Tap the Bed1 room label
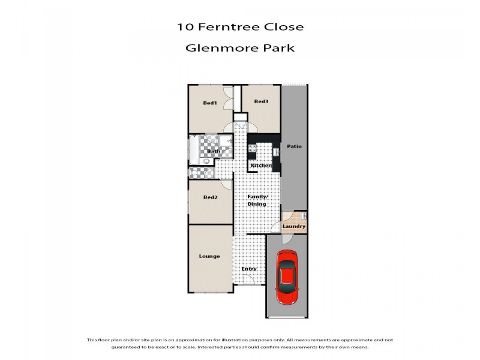[x=209, y=103]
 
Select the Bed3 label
[x=260, y=101]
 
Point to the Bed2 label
[x=209, y=197]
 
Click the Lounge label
[x=209, y=256]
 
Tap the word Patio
[x=294, y=146]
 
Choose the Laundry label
[x=294, y=226]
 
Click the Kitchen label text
[x=261, y=166]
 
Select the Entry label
[x=249, y=269]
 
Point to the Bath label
[x=214, y=152]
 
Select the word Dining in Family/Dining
[x=257, y=204]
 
